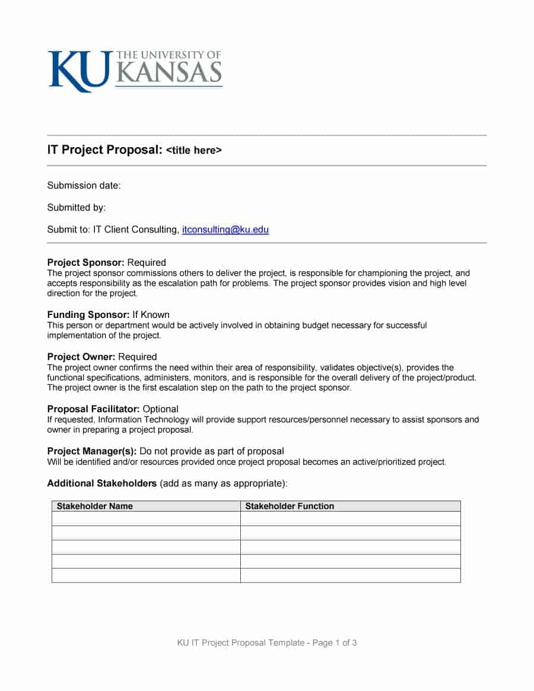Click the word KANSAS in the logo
tap(169, 73)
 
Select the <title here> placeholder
tap(193, 151)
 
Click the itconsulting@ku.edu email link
tap(225, 230)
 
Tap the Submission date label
tap(84, 186)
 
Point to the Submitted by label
tap(76, 208)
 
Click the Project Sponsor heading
tap(85, 263)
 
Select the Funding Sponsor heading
tap(88, 315)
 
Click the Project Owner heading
tap(81, 357)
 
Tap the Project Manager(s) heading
tap(92, 451)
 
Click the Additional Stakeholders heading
tap(101, 483)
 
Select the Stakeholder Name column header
tap(94, 506)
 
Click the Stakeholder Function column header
tap(290, 506)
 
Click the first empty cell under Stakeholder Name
tap(146, 519)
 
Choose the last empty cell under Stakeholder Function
tap(350, 575)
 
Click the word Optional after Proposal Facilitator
tap(161, 409)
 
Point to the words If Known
tap(151, 315)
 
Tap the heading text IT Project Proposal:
tap(104, 150)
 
